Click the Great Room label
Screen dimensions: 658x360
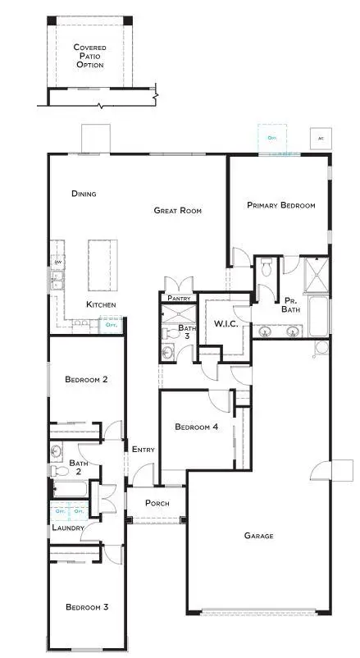[178, 211]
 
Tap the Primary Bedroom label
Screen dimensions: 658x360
[281, 205]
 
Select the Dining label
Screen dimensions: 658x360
[84, 194]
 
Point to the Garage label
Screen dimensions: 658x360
[258, 536]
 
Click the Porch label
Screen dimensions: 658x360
[157, 503]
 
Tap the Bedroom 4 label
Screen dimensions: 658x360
[197, 427]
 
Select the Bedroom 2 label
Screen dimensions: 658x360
[88, 379]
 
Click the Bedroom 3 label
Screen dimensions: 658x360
[88, 607]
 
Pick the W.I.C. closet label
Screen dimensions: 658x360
[226, 324]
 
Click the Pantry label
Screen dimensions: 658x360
[179, 299]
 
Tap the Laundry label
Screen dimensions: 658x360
[68, 528]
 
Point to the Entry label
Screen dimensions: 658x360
[144, 449]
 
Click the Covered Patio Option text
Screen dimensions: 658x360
[89, 56]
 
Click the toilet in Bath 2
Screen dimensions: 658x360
[59, 471]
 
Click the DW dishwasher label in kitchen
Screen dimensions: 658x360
[57, 263]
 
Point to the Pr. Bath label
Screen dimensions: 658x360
[291, 305]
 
